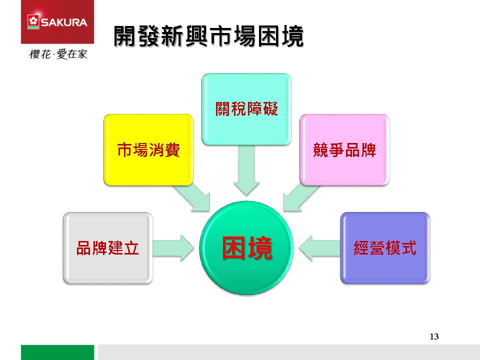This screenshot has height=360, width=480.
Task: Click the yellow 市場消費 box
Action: [x=148, y=150]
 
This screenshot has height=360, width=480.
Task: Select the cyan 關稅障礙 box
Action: [x=246, y=109]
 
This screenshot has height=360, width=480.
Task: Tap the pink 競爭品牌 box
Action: [x=344, y=150]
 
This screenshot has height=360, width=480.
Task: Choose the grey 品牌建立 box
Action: [x=108, y=248]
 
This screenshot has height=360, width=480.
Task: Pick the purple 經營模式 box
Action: [x=385, y=248]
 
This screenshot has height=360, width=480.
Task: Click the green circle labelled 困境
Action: [x=246, y=248]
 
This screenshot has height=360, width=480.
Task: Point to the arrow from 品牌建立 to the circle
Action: [x=173, y=248]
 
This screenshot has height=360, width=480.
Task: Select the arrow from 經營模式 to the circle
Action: [x=319, y=248]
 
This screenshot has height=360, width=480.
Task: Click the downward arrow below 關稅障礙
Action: [x=246, y=170]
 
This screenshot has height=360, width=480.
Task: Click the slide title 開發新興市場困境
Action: [x=208, y=36]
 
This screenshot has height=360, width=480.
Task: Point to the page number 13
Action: [x=434, y=336]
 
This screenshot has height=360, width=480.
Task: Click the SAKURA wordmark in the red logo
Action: [x=64, y=22]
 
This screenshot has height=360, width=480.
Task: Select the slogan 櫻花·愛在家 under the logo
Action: [x=58, y=54]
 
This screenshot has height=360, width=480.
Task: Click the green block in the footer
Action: [x=57, y=352]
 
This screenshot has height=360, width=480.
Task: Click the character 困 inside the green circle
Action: [x=234, y=248]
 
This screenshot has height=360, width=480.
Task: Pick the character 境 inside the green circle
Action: [x=259, y=248]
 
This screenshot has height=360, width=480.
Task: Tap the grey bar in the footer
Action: [x=289, y=352]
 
